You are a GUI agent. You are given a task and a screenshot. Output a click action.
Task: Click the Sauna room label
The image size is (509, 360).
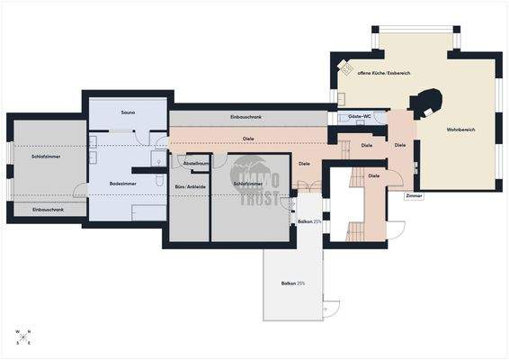(x=128, y=112)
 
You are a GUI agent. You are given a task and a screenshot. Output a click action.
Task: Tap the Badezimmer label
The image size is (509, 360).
(x=122, y=183)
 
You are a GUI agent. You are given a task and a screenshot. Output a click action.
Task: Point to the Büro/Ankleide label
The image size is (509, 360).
(x=190, y=187)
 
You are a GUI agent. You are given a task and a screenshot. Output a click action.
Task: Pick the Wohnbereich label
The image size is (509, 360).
(x=460, y=130)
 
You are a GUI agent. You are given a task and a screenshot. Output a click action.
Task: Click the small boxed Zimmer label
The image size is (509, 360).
(x=414, y=194)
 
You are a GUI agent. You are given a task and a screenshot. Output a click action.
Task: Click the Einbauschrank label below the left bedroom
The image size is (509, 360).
(x=48, y=209)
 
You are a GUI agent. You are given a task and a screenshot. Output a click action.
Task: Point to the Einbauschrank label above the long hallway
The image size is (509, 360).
(x=246, y=118)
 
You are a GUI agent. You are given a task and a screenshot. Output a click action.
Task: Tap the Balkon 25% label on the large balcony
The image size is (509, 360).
(x=293, y=283)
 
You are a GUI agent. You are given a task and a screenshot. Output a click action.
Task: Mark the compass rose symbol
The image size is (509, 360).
(x=22, y=337)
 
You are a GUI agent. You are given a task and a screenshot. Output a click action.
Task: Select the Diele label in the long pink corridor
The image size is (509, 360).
(x=247, y=139)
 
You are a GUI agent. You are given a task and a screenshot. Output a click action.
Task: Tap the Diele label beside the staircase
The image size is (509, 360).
(x=373, y=175)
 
